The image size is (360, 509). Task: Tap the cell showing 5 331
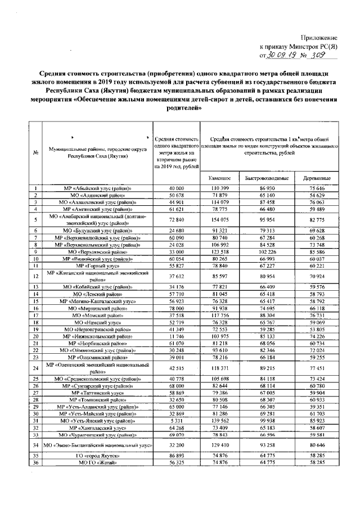(x=176, y=420)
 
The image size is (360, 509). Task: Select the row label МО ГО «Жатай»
(x=97, y=462)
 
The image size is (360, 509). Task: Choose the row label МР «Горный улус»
(x=97, y=265)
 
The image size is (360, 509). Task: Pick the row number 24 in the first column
(x=35, y=368)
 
